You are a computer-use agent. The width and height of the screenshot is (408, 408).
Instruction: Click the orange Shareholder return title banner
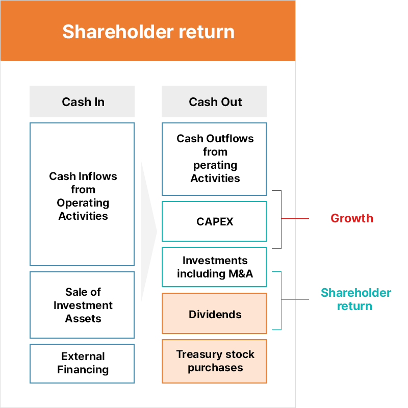coord(148,31)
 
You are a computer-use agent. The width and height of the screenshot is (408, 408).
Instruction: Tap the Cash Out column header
coord(214,101)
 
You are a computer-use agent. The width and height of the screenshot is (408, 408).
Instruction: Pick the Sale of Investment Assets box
coord(82,305)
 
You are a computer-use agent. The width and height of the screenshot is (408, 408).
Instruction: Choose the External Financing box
coord(82,363)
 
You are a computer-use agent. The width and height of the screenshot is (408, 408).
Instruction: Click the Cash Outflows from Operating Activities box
coord(214,159)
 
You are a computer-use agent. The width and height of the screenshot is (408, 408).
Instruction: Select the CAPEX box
coord(214,221)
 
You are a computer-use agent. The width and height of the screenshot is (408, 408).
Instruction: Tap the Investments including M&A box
coord(214,267)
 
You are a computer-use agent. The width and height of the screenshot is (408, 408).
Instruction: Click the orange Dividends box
coord(214,314)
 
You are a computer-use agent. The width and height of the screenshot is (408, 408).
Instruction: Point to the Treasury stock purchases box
coord(214,361)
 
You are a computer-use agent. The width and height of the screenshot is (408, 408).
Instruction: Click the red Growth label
coord(352,218)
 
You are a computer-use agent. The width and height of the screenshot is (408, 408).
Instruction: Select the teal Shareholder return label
coord(355,299)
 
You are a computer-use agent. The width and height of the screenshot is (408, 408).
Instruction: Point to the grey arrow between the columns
coord(148,232)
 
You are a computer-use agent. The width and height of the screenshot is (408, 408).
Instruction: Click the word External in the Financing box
coord(83,356)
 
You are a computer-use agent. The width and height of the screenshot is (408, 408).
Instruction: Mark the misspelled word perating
coord(215,165)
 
